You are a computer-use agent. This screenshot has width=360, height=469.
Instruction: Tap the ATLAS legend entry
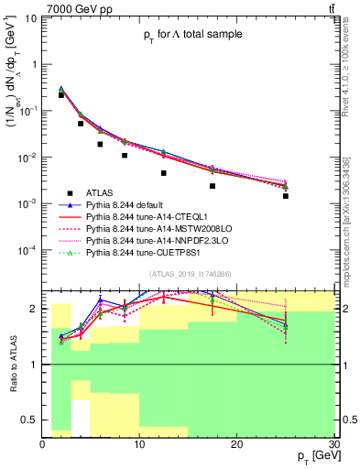[101, 192]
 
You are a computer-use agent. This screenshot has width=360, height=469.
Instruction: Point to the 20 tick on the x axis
[237, 444]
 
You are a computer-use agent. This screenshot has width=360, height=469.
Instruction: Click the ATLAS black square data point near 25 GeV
[286, 196]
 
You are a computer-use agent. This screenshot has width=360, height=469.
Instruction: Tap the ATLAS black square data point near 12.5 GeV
[164, 173]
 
